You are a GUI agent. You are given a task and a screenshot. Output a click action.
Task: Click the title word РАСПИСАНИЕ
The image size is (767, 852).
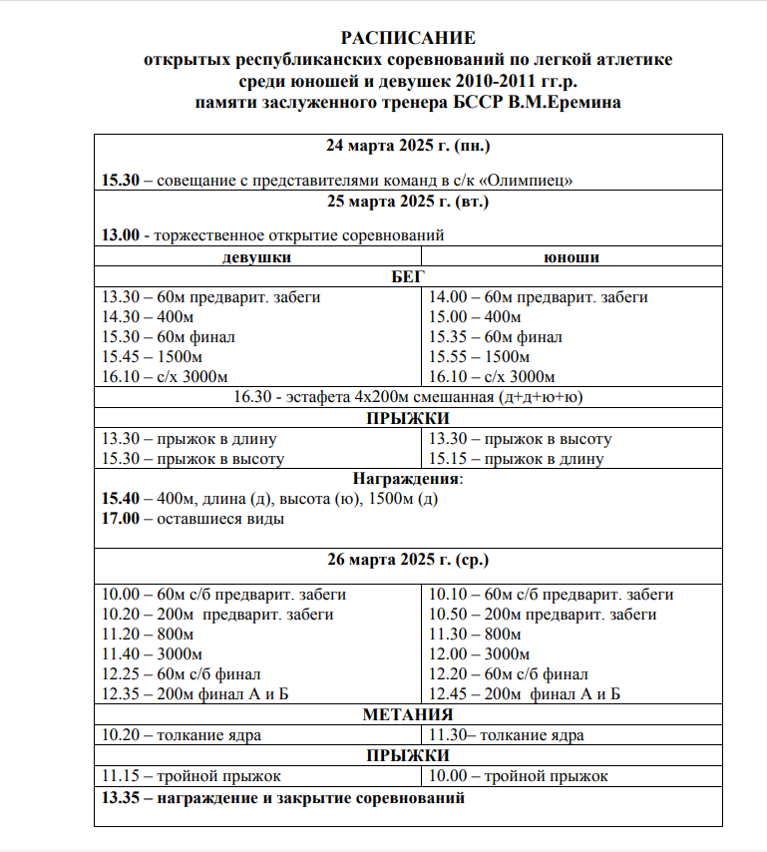click(408, 39)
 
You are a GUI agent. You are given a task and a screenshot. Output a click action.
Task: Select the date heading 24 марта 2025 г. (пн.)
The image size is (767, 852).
click(408, 147)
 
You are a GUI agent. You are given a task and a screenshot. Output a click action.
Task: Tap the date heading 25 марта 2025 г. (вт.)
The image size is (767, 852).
click(408, 202)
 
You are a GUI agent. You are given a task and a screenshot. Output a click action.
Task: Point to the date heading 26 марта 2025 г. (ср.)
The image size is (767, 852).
click(408, 560)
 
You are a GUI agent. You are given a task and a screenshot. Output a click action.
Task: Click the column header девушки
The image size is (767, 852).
click(257, 257)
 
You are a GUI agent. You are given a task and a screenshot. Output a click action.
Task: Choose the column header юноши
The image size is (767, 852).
click(572, 257)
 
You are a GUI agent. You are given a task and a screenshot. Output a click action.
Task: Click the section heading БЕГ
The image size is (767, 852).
click(408, 276)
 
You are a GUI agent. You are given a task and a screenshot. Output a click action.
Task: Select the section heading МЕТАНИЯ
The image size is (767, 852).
click(408, 715)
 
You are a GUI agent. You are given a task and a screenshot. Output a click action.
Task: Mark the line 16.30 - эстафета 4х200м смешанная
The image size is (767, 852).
click(408, 397)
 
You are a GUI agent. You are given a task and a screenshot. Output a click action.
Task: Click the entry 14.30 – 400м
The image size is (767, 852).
click(148, 317)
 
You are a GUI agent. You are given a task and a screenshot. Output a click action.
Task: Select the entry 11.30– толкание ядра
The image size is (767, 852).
click(507, 735)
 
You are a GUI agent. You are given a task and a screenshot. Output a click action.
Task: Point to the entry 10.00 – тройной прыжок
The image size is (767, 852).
click(519, 775)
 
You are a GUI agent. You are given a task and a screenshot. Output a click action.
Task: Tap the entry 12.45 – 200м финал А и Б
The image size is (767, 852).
click(525, 693)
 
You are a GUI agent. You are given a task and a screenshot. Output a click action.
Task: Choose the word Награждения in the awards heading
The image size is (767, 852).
click(405, 478)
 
